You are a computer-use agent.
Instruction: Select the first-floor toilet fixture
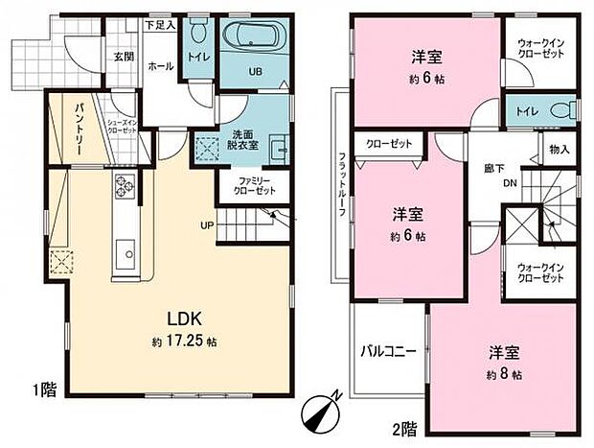point(197,32)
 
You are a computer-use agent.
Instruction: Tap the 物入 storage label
point(560,149)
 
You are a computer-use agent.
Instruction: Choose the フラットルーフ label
point(340,188)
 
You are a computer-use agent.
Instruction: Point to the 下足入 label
point(160,24)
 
